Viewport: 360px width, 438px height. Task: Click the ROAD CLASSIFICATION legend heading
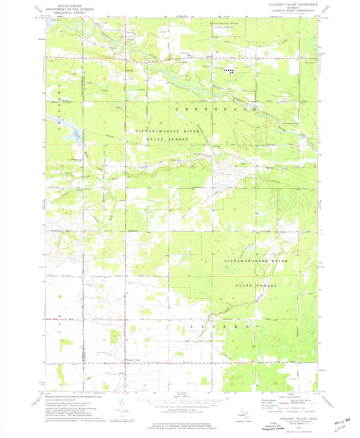pyautogui.click(x=286, y=397)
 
